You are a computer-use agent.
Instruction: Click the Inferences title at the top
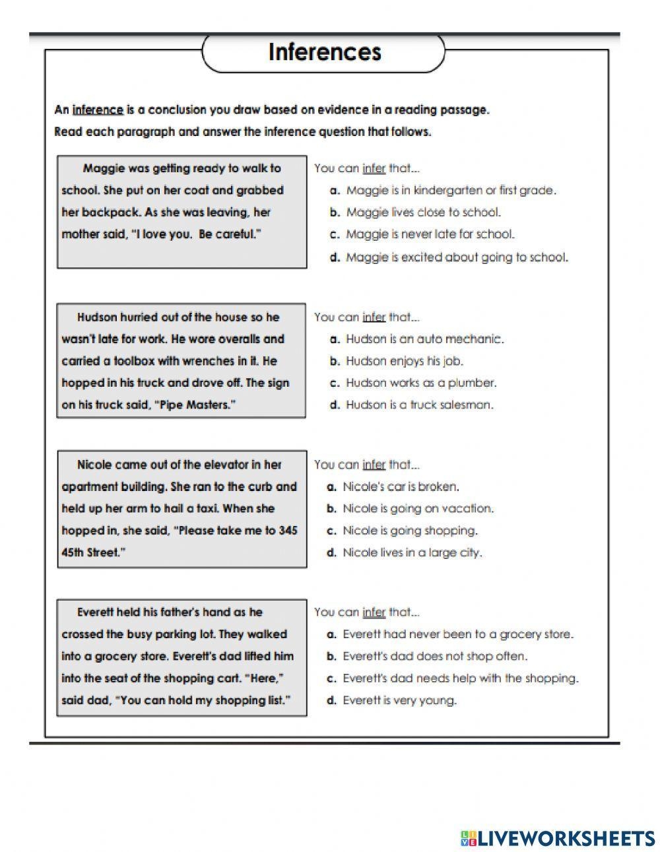point(324,52)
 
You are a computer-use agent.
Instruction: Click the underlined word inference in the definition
point(98,110)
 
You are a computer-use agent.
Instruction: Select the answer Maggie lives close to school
point(423,212)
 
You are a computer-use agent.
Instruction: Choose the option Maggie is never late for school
point(430,234)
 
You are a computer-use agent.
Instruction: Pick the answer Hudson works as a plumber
point(421,383)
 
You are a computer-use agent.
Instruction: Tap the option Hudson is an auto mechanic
point(424,339)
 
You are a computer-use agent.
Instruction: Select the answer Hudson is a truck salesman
point(419,405)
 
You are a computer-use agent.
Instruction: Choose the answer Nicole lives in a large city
point(412,552)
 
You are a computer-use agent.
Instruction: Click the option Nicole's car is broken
point(401,486)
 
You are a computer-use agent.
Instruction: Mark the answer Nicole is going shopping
point(409,531)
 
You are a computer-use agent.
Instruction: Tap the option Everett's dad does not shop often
point(435,656)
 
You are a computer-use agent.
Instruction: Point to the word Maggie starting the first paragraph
point(104,168)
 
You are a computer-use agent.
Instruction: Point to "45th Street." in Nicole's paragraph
point(93,552)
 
